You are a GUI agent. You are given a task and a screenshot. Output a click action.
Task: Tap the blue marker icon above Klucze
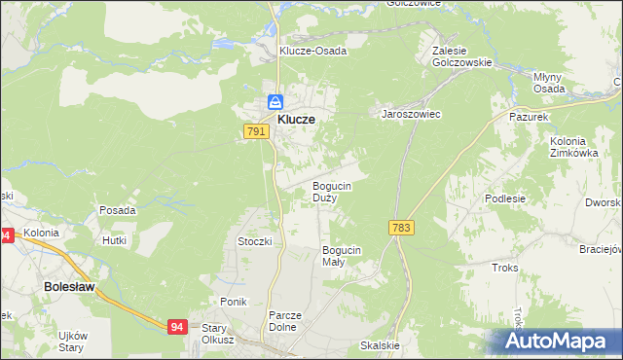275,101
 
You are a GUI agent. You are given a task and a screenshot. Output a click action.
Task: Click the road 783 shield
400,227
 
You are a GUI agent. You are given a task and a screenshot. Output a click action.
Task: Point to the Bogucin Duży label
331,191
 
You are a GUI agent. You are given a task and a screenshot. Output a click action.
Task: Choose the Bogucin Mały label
342,256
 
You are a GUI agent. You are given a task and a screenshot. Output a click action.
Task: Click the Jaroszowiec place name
411,114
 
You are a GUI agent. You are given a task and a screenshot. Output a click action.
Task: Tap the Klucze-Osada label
312,51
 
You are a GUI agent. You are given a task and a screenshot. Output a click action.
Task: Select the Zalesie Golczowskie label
462,54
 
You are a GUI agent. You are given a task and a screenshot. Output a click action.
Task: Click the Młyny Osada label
549,83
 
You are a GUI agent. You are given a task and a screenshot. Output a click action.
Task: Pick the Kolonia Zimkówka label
572,147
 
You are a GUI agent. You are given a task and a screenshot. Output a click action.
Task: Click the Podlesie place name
505,198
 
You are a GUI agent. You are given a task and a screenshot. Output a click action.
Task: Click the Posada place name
117,209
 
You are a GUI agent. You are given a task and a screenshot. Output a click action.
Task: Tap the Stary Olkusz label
220,334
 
